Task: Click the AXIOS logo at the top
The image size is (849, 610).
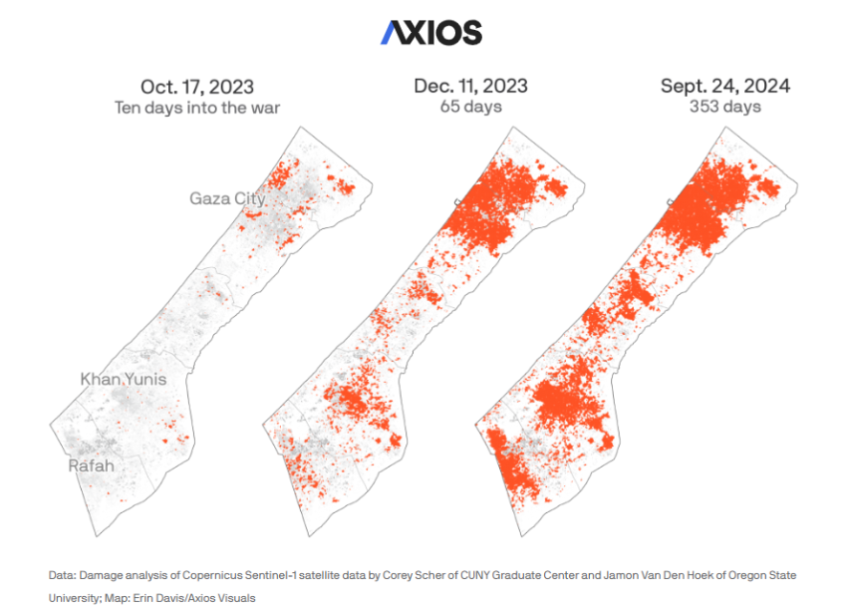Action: [430, 33]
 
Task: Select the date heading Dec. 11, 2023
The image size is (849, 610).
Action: [471, 86]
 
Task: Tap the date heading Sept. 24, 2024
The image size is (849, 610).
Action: [725, 86]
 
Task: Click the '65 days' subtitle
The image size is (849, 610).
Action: [471, 107]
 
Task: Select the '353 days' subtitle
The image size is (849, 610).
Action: [725, 107]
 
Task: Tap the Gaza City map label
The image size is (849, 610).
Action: [227, 199]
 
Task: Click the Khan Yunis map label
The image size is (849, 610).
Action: [123, 380]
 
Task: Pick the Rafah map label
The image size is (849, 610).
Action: [91, 465]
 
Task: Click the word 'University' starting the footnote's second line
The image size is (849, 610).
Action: [71, 598]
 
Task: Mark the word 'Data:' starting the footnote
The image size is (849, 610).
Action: [60, 576]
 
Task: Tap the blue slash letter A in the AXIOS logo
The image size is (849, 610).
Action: [392, 33]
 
